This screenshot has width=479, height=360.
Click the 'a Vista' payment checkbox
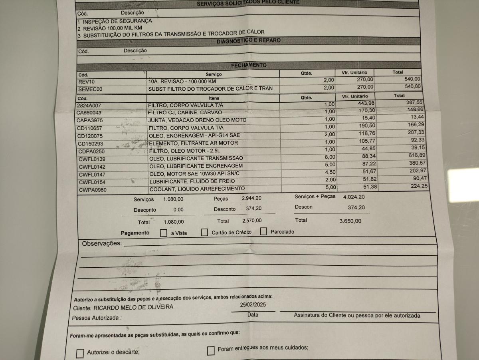163,233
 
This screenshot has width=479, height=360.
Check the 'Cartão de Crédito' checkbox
204,232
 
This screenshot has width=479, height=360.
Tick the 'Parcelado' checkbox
263,231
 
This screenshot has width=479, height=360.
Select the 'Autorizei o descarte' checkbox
80,353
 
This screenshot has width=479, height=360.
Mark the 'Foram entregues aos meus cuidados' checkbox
211,351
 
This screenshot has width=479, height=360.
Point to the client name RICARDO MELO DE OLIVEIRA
133,307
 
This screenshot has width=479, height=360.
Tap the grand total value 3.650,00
350,221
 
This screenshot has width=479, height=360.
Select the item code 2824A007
90,105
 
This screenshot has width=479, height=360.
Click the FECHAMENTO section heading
248,65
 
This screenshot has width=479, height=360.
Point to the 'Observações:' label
101,243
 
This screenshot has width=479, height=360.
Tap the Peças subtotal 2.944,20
251,198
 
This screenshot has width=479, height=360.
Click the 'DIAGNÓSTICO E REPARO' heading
248,41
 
